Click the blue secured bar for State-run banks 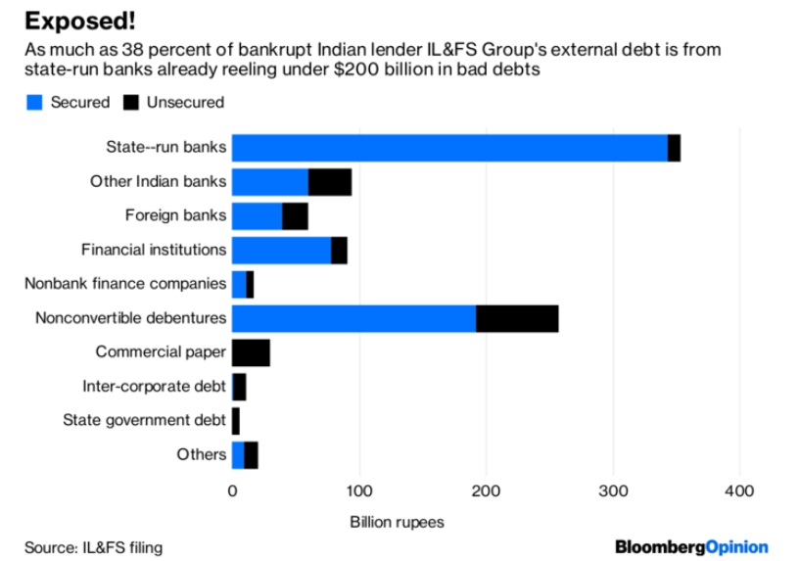click(449, 148)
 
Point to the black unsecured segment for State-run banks click(674, 148)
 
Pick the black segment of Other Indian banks click(330, 182)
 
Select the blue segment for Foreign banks click(257, 215)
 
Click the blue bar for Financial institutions click(281, 250)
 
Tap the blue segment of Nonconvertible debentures click(353, 318)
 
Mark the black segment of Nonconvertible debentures click(517, 318)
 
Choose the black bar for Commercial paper click(251, 352)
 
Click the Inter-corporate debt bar click(239, 387)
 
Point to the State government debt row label click(145, 420)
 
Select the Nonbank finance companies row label click(125, 284)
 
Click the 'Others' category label click(202, 454)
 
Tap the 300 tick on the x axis click(613, 491)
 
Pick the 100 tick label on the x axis click(359, 491)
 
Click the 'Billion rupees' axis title click(397, 521)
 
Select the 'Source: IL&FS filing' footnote click(94, 547)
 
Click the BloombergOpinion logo click(691, 546)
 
